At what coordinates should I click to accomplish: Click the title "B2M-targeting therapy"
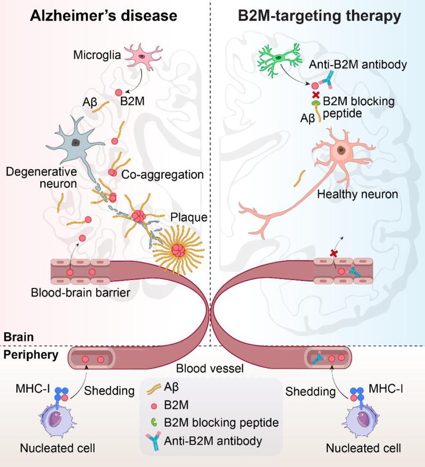[x=319, y=16]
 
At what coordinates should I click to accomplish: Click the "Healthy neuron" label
[x=357, y=194]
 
